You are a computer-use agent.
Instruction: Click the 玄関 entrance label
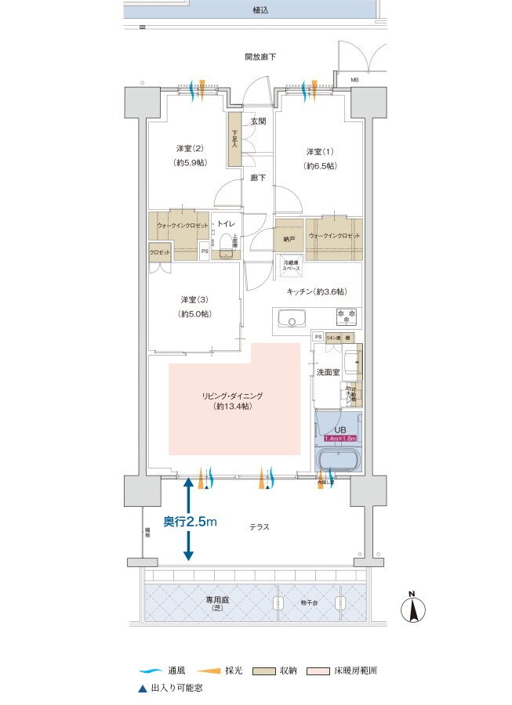[258, 121]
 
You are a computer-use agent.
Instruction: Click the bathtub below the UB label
[336, 458]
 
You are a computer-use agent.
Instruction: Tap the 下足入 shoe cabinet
[234, 140]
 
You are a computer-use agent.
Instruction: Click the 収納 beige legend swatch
[264, 672]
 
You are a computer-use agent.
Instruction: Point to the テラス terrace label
[259, 527]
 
